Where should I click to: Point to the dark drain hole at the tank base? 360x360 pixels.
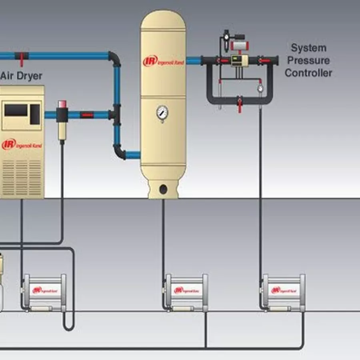pyautogui.click(x=163, y=188)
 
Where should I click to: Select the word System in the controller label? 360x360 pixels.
pyautogui.click(x=308, y=48)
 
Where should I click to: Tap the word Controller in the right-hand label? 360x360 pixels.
pyautogui.click(x=308, y=73)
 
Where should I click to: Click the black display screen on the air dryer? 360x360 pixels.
pyautogui.click(x=16, y=110)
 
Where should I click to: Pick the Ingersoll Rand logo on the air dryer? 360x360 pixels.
pyautogui.click(x=22, y=144)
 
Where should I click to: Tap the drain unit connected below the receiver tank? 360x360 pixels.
pyautogui.click(x=186, y=292)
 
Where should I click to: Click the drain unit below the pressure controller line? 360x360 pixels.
pyautogui.click(x=284, y=292)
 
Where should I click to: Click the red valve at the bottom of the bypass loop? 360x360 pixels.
pyautogui.click(x=240, y=103)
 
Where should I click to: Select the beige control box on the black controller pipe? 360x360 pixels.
pyautogui.click(x=238, y=61)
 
